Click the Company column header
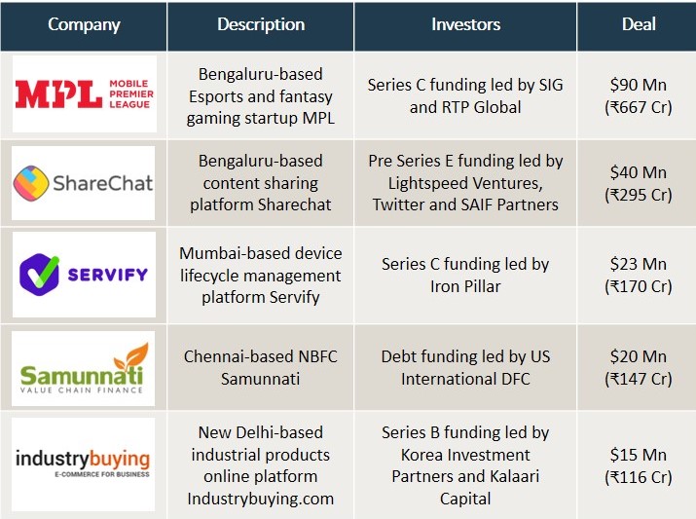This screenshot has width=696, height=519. pyautogui.click(x=84, y=24)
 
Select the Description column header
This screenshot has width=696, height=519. pyautogui.click(x=261, y=24)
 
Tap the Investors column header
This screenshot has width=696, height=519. pyautogui.click(x=465, y=24)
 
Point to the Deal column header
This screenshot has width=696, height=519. pyautogui.click(x=639, y=24)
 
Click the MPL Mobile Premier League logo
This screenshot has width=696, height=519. pyautogui.click(x=85, y=94)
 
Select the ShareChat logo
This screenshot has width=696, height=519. pyautogui.click(x=83, y=183)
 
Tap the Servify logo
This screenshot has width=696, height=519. pyautogui.click(x=84, y=275)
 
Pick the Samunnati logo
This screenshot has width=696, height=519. pyautogui.click(x=84, y=368)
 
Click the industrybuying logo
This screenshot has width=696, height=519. pyautogui.click(x=83, y=463)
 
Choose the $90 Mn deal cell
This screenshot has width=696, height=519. pyautogui.click(x=639, y=95)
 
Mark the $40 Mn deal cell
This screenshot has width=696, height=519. pyautogui.click(x=639, y=183)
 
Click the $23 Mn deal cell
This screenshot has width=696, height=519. pyautogui.click(x=639, y=275)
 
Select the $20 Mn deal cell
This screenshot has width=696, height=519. pyautogui.click(x=639, y=367)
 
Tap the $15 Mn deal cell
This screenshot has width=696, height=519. pyautogui.click(x=639, y=465)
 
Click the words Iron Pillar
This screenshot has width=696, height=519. pyautogui.click(x=465, y=286)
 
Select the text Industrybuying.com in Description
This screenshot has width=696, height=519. pyautogui.click(x=261, y=499)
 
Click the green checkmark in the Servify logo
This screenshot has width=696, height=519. pyautogui.click(x=46, y=272)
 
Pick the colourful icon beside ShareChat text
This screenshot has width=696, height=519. pyautogui.click(x=31, y=183)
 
